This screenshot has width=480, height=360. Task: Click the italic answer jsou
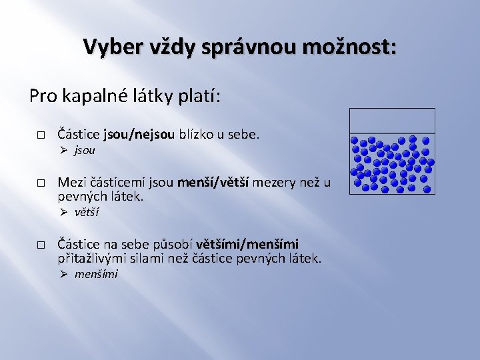85,150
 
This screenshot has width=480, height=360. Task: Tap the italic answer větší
87,212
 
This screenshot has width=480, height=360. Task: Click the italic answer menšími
96,274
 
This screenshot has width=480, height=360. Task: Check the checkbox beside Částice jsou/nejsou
41,135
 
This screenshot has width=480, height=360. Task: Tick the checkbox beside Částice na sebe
41,245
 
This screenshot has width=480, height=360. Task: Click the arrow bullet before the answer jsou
63,150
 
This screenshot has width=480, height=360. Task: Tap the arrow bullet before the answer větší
63,212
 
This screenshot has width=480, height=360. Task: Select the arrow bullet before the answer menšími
63,274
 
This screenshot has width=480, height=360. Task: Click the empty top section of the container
392,121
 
